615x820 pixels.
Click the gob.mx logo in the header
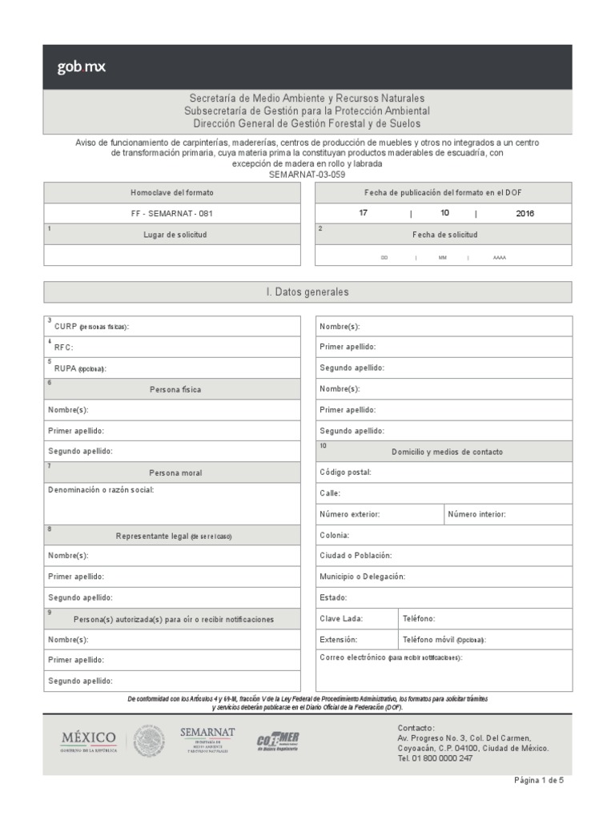[81, 67]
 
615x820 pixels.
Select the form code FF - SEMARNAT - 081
[172, 214]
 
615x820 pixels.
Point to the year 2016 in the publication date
[525, 214]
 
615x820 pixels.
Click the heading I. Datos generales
[307, 292]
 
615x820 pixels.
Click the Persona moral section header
[175, 472]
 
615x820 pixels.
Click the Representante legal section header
[175, 535]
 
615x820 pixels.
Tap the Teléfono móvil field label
[444, 640]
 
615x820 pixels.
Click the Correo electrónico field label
[391, 657]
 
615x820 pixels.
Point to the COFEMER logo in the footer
[278, 741]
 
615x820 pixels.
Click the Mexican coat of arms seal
[150, 741]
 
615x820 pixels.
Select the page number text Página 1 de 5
[538, 780]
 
